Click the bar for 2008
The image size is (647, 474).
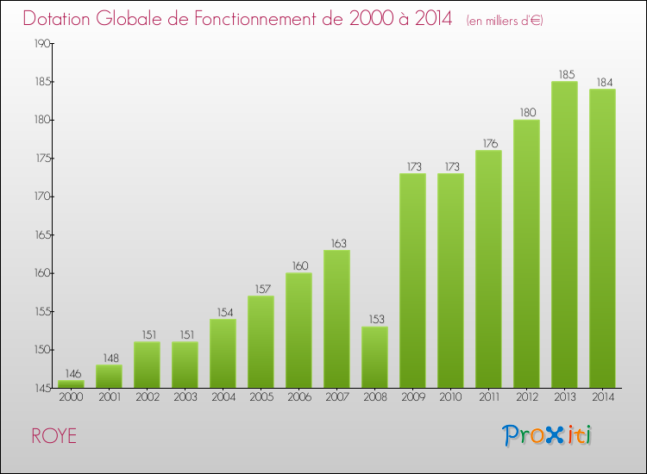tap(374, 357)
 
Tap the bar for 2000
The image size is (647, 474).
tap(71, 384)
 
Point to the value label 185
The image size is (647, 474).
tap(564, 75)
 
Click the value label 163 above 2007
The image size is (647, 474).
tap(336, 244)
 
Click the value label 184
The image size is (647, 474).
tap(602, 83)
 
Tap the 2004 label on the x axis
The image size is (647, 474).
tap(223, 398)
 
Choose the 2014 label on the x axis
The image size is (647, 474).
tap(602, 398)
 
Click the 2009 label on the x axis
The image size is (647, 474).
tap(412, 398)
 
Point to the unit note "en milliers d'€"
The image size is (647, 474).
tap(505, 20)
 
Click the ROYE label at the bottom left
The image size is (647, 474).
tap(53, 436)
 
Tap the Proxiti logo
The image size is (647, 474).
tap(548, 435)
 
